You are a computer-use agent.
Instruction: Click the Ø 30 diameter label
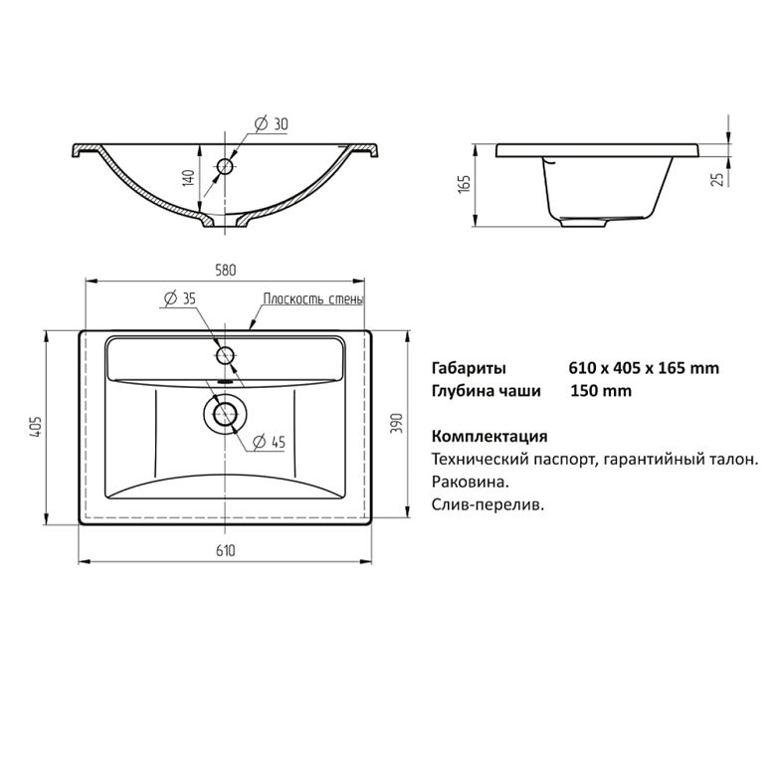point(271,123)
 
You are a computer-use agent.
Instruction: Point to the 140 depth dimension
point(189,178)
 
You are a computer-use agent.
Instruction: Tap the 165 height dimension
point(465,184)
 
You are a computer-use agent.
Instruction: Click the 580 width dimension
point(226,271)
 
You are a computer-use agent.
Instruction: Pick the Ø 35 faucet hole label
point(180,298)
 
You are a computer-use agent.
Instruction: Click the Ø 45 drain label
point(270,442)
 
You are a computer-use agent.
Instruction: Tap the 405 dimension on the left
point(36,427)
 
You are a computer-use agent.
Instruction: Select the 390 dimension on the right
point(397,424)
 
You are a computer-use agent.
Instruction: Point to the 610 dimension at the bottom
point(226,551)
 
